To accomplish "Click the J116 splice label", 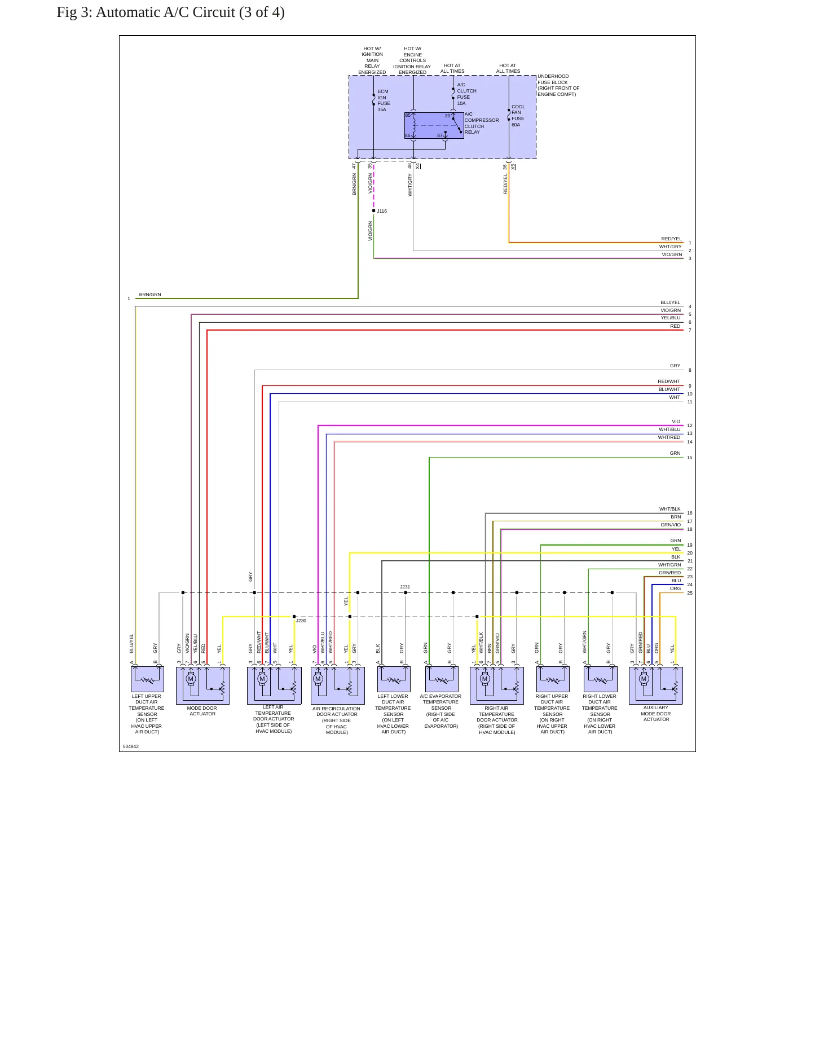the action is click(382, 211).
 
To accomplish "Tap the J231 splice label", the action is click(405, 587).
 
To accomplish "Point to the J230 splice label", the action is click(301, 621).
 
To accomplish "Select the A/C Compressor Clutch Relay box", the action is click(434, 125).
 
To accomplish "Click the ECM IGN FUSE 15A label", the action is click(384, 100).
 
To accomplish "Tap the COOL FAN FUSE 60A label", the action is click(518, 116).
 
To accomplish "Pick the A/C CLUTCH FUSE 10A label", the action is click(466, 94).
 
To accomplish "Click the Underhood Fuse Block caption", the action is click(558, 85).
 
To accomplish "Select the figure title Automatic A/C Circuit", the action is click(170, 12).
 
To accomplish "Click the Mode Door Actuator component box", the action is click(203, 685).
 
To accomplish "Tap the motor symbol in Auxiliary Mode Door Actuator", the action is click(644, 679).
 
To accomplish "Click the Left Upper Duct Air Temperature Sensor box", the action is click(147, 679).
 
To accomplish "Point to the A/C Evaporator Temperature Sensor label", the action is click(440, 711).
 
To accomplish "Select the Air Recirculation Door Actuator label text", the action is click(336, 720).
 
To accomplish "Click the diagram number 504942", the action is click(131, 746).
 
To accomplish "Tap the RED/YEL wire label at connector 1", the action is click(671, 239).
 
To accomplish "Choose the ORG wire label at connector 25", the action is click(675, 588).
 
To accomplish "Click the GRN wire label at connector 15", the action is click(675, 453).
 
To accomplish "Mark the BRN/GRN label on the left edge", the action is click(150, 294).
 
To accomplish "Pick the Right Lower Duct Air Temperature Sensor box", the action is click(600, 679).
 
